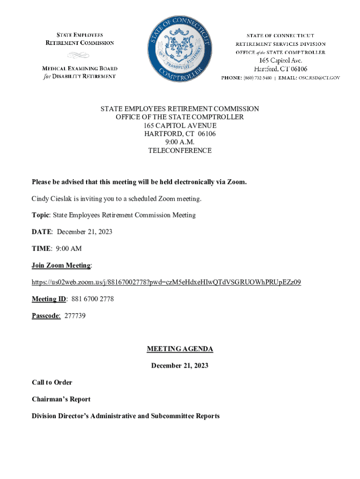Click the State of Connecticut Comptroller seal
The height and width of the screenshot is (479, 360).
click(180, 49)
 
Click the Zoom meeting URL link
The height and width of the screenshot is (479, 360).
click(166, 282)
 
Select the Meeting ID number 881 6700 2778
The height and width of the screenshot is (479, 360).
click(93, 299)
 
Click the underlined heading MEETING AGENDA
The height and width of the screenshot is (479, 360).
click(180, 349)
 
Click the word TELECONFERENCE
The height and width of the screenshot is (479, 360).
click(180, 151)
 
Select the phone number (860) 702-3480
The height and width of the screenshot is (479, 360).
click(258, 78)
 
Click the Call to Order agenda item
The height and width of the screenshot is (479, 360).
click(52, 383)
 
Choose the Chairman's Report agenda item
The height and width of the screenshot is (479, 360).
click(61, 399)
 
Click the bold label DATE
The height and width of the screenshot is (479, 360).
click(42, 232)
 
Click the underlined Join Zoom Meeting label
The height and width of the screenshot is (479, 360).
click(61, 266)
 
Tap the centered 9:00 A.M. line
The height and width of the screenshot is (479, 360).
click(180, 142)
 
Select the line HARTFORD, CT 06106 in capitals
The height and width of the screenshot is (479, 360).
click(180, 134)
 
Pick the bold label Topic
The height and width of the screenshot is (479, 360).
click(41, 215)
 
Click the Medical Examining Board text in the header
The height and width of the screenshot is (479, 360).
click(80, 68)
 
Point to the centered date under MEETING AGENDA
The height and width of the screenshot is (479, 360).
click(180, 366)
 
